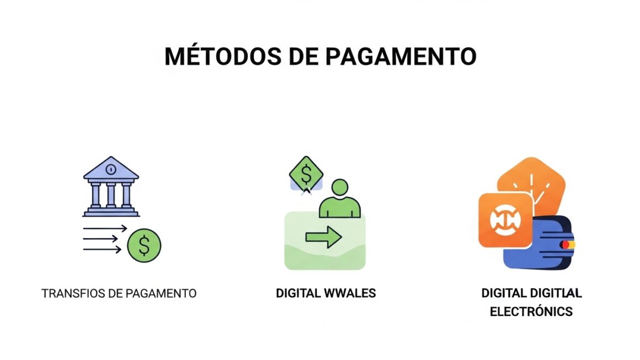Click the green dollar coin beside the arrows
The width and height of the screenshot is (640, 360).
tap(144, 245)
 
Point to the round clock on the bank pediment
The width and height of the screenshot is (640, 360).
tap(111, 168)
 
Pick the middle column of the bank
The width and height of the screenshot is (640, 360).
tap(111, 194)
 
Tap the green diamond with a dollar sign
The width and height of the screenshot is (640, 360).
tap(306, 174)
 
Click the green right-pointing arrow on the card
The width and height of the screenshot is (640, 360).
tap(323, 237)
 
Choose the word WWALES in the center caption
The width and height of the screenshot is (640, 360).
tap(350, 293)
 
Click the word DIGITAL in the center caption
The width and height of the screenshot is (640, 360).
tap(298, 293)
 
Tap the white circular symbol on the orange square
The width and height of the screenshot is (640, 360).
tap(505, 220)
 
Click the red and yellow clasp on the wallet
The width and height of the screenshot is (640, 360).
tap(568, 244)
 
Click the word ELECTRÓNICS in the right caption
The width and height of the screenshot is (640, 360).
tap(531, 311)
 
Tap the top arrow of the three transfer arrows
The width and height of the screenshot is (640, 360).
tap(105, 228)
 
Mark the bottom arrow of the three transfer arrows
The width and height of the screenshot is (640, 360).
tap(102, 249)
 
